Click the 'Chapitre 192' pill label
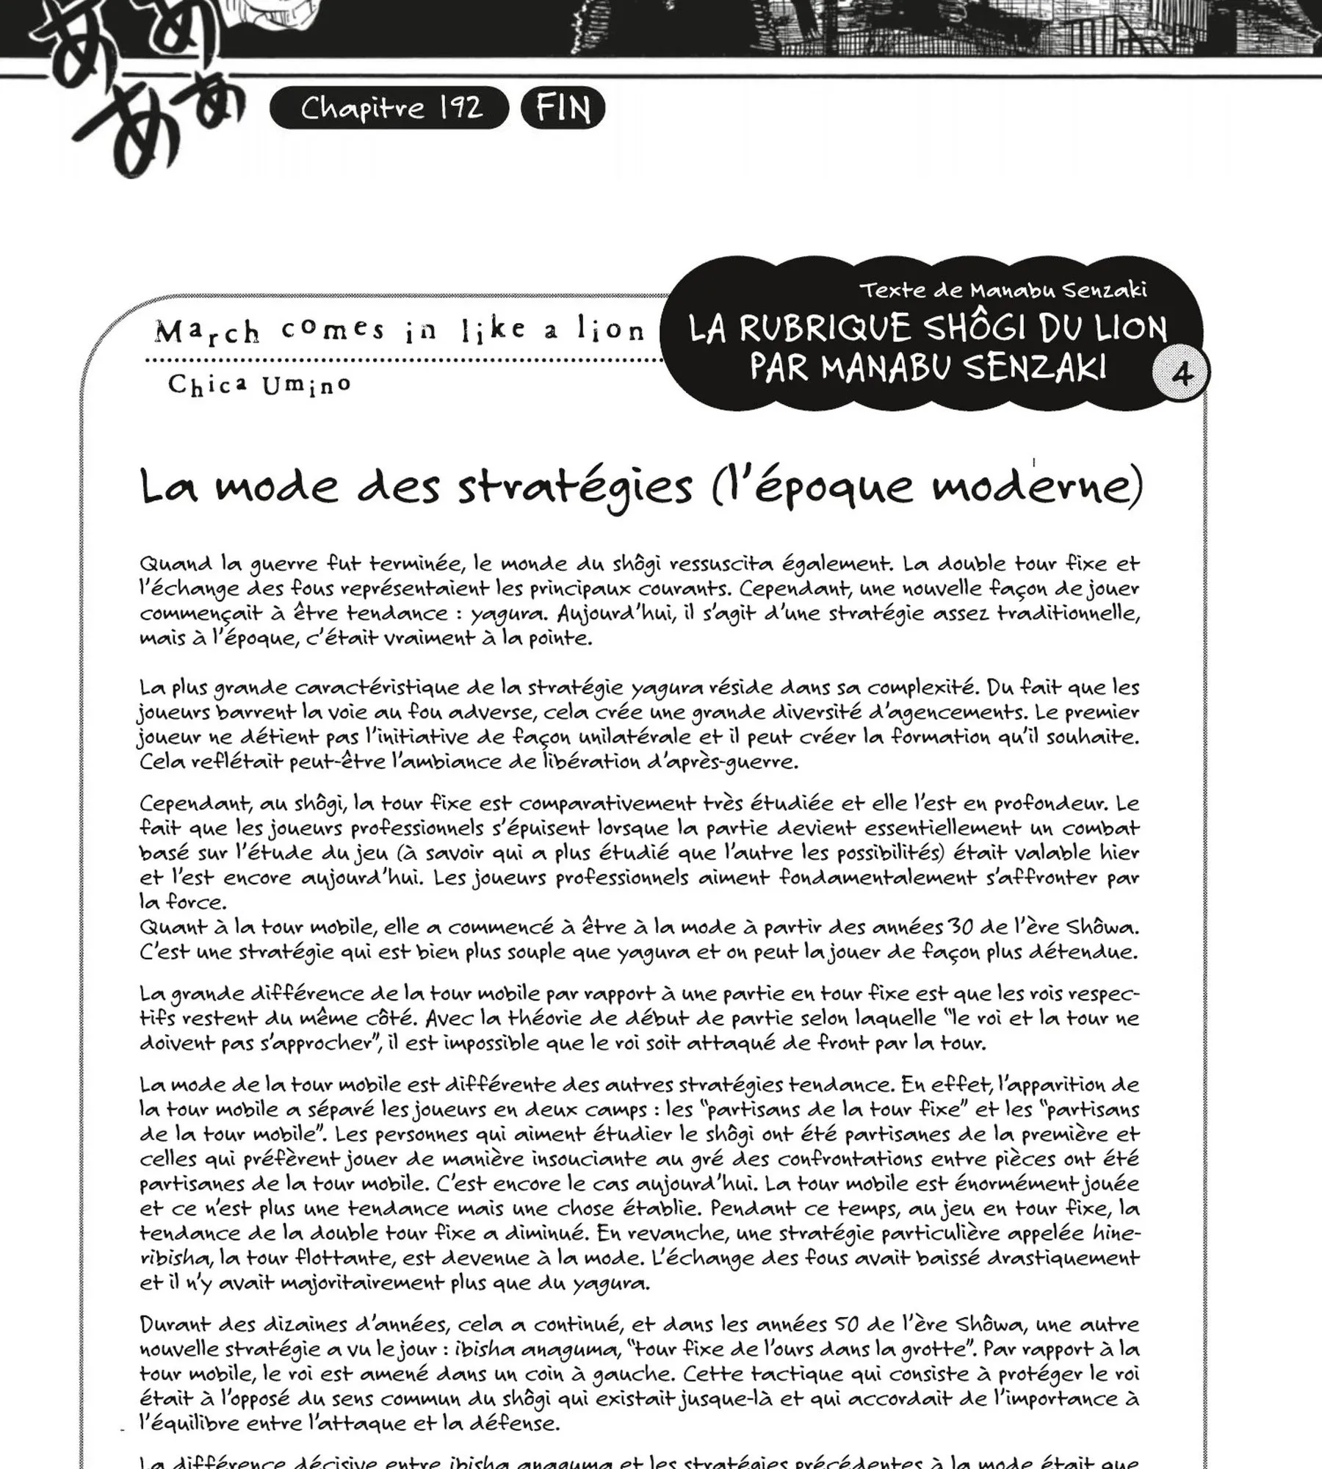pyautogui.click(x=390, y=109)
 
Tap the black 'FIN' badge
pyautogui.click(x=563, y=109)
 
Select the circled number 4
pyautogui.click(x=1181, y=375)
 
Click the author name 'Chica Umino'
pyautogui.click(x=259, y=384)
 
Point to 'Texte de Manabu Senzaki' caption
pyautogui.click(x=1003, y=291)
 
